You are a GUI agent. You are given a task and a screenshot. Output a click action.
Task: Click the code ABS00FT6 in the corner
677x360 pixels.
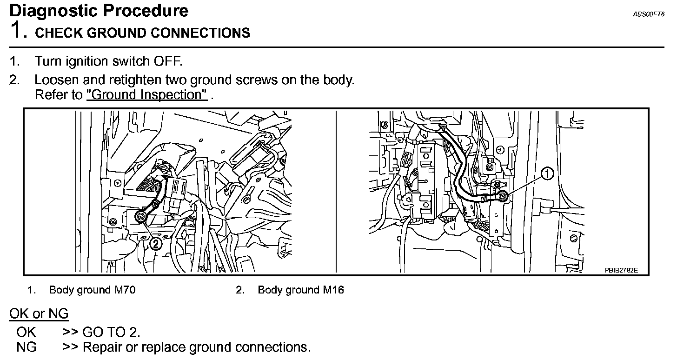click(648, 14)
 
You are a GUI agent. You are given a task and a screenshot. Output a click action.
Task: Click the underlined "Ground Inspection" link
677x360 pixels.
click(147, 95)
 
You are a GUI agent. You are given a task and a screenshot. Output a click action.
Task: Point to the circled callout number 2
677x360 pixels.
click(156, 243)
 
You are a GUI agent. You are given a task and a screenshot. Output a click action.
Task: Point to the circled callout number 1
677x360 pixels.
click(547, 174)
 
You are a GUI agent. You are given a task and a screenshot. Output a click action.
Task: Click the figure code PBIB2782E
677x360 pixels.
click(622, 270)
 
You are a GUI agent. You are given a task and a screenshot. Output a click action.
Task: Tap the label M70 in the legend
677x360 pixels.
click(125, 290)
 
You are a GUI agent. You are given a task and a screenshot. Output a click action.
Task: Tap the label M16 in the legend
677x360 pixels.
click(333, 290)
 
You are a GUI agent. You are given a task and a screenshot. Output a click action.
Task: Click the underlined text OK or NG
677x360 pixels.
click(39, 314)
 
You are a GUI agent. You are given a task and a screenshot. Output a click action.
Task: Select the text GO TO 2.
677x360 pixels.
click(111, 332)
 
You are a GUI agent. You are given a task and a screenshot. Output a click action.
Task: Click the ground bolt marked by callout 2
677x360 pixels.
click(140, 216)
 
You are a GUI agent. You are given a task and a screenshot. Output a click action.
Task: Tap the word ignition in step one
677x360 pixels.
click(85, 61)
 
